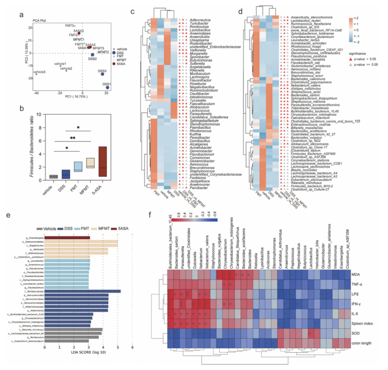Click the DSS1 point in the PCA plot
pos(108,87)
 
